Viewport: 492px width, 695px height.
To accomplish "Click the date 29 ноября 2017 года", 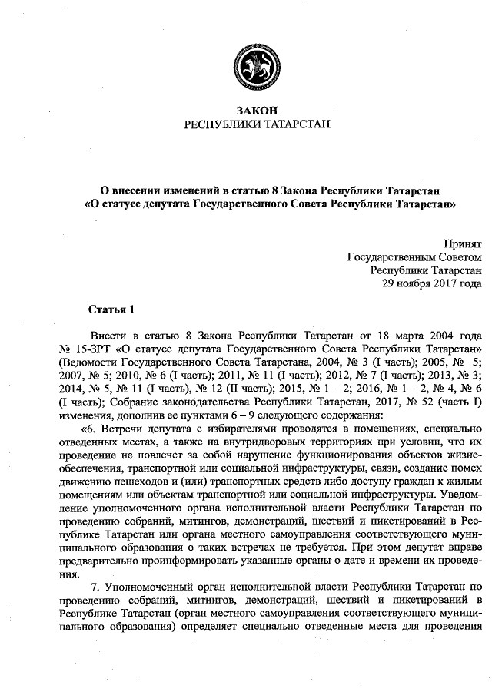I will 432,283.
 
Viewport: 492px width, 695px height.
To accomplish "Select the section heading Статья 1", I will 111,310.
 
